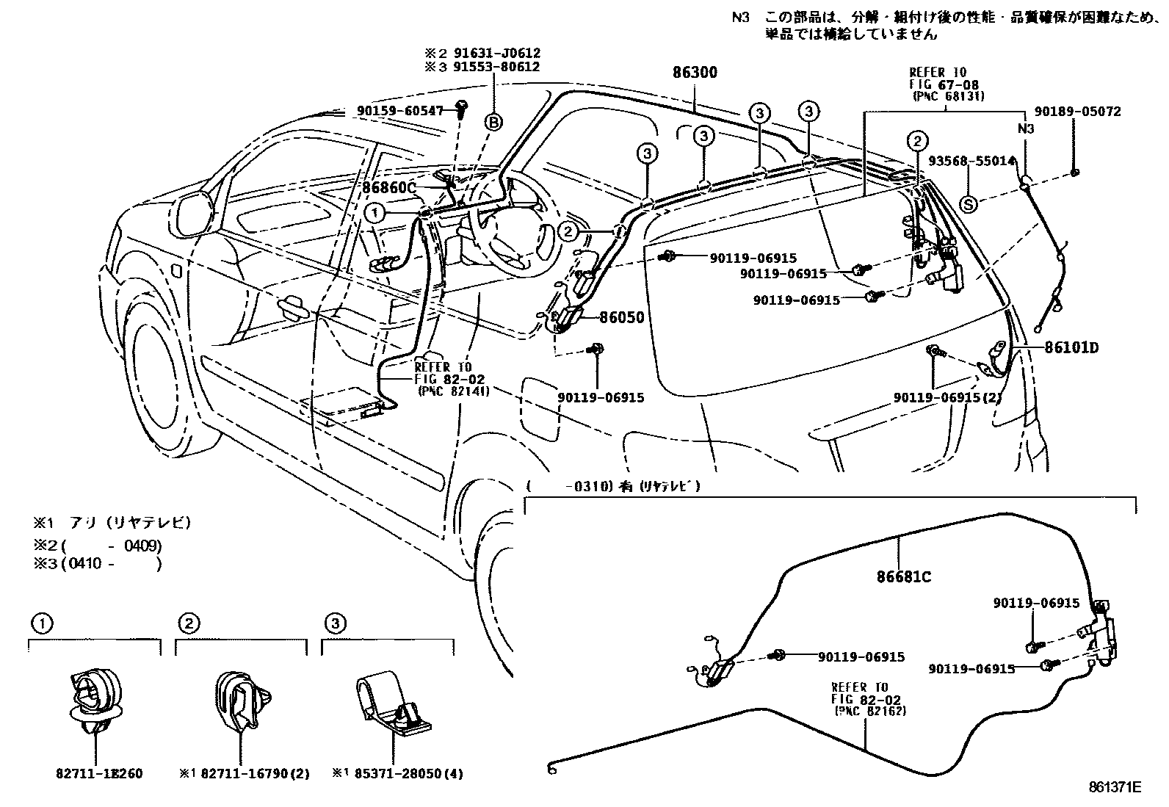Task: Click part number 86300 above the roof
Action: click(x=695, y=73)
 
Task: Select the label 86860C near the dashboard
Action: click(x=389, y=188)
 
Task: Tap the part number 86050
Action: click(x=621, y=317)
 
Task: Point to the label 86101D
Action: click(x=1071, y=347)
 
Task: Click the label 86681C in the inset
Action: click(x=903, y=577)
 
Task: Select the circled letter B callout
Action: click(x=494, y=122)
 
